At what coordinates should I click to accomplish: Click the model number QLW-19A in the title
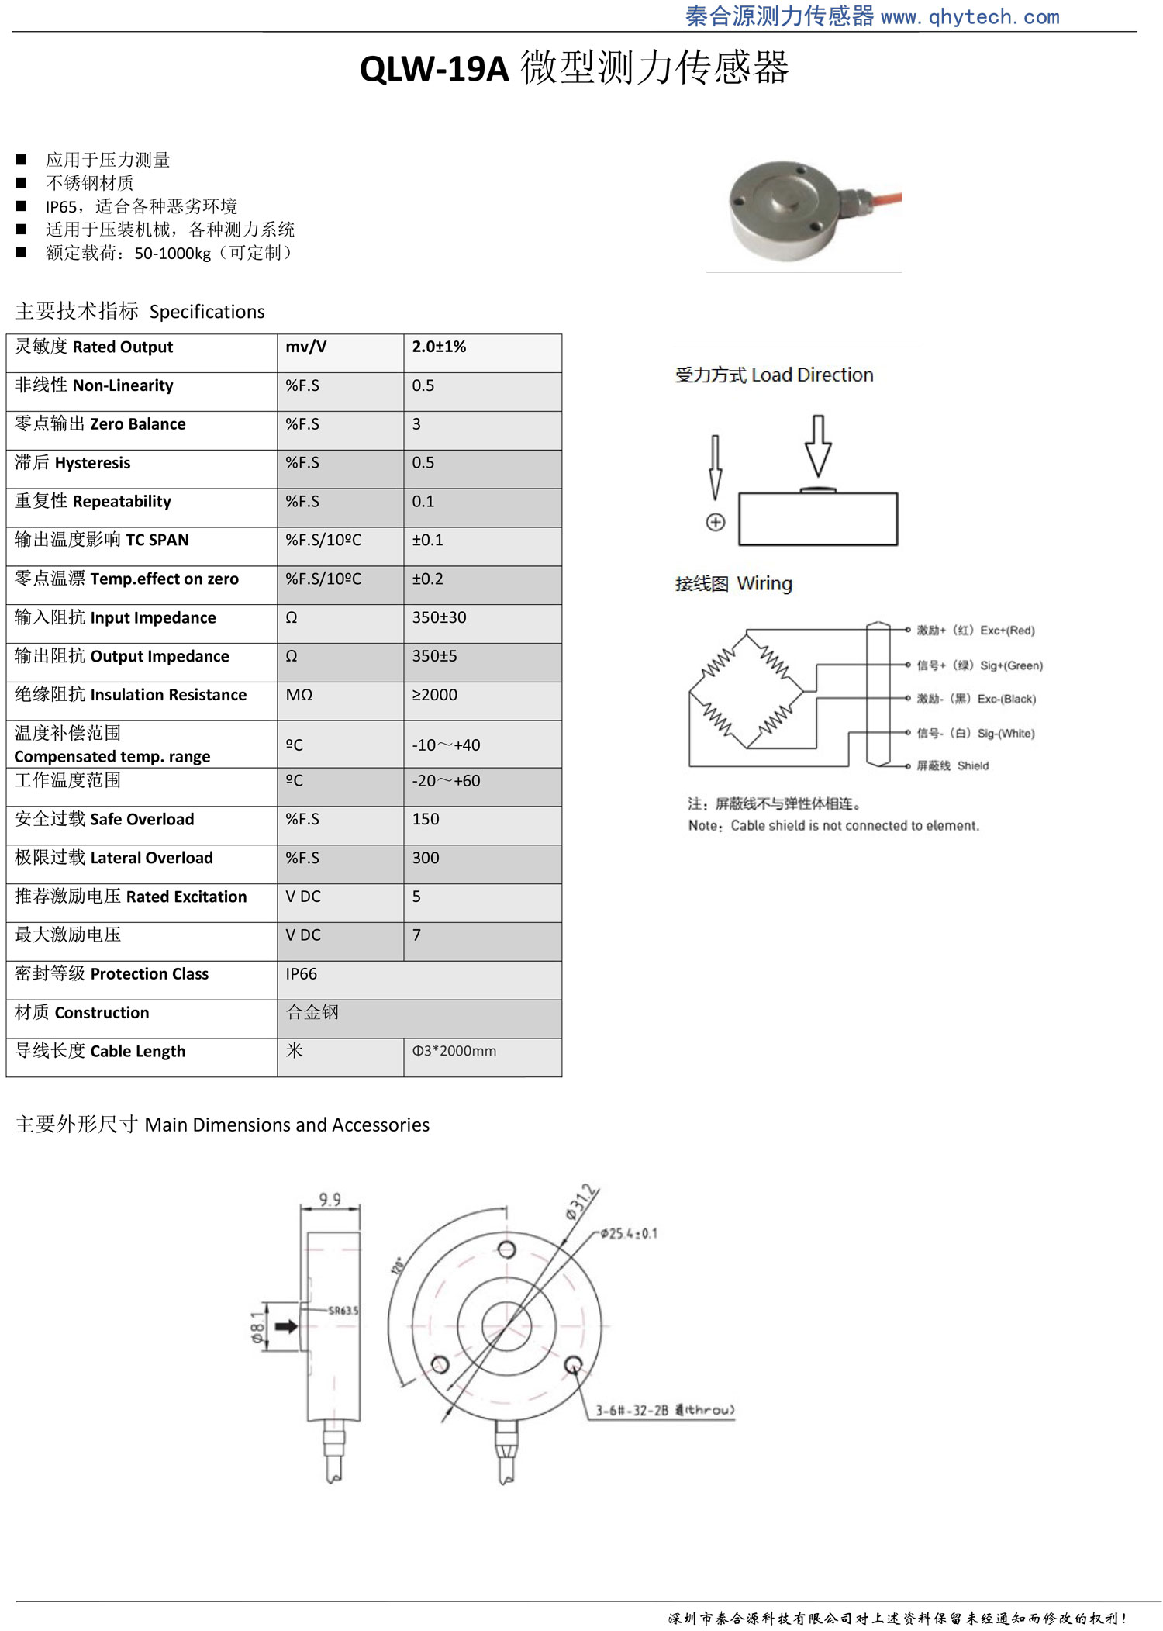433,69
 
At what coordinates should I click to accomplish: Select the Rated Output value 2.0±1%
439,347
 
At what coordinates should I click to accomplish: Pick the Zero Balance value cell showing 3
417,424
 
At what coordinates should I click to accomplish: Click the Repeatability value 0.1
423,502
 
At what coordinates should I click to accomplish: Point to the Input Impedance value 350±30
439,617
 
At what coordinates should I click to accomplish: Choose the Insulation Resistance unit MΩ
299,695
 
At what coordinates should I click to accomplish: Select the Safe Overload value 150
426,819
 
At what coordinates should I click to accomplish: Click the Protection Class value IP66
302,974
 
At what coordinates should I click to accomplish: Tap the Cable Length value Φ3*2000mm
454,1051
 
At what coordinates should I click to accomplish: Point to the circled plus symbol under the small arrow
716,522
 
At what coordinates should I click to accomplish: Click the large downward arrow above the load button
817,446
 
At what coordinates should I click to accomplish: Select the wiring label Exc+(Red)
1006,631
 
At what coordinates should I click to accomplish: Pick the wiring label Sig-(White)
1006,734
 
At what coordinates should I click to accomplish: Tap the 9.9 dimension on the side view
330,1199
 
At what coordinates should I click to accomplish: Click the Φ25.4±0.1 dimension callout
629,1233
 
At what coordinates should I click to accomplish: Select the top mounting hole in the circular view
506,1249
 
